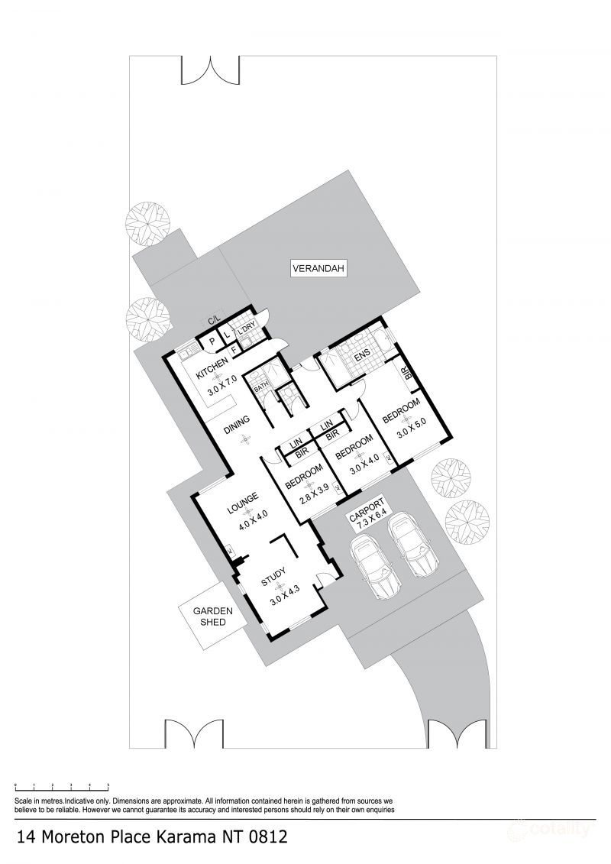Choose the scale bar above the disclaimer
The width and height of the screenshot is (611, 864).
click(x=62, y=785)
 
